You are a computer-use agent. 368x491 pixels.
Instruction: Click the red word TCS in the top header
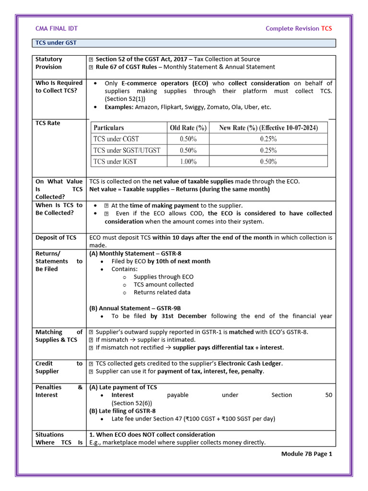(326, 28)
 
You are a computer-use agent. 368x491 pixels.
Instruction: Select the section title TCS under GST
(56, 43)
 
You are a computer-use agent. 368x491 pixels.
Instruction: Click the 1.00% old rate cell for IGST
(188, 162)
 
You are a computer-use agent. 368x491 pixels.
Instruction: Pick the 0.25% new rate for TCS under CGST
(268, 139)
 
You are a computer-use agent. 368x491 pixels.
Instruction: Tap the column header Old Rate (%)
(188, 128)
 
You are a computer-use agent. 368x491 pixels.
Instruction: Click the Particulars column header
(109, 128)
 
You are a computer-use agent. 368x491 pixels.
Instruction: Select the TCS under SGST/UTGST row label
(127, 150)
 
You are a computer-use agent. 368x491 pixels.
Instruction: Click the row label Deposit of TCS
(56, 237)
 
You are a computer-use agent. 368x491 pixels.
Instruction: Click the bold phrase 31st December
(179, 316)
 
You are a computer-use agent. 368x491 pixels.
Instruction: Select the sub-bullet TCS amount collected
(163, 284)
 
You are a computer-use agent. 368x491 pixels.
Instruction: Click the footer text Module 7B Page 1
(307, 454)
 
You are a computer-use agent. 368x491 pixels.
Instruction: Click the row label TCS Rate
(48, 123)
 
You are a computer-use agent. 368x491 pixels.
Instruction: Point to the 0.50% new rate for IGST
(268, 162)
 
